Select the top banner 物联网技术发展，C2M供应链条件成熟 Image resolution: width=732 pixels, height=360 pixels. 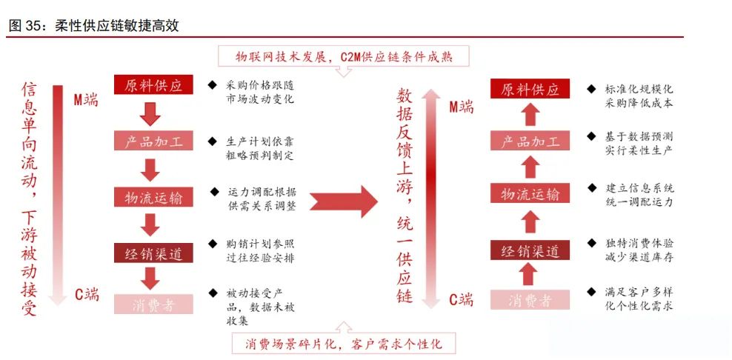(x=343, y=56)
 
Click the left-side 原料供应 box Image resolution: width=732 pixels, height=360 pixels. (x=153, y=84)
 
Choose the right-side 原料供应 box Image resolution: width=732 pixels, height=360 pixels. (x=530, y=90)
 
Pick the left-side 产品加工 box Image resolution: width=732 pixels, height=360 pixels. (x=153, y=141)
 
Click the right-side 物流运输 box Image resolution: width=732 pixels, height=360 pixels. (x=530, y=194)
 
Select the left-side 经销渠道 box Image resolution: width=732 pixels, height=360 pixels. (x=153, y=253)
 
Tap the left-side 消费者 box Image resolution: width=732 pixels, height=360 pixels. (x=153, y=304)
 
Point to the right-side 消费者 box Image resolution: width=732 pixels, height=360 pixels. (x=530, y=300)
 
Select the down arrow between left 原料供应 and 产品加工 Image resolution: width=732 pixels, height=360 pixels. (x=152, y=113)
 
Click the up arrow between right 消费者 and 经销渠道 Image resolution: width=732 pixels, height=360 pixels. (x=529, y=275)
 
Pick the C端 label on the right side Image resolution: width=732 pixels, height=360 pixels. (x=461, y=300)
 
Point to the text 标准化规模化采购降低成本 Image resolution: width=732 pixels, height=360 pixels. (x=639, y=96)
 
